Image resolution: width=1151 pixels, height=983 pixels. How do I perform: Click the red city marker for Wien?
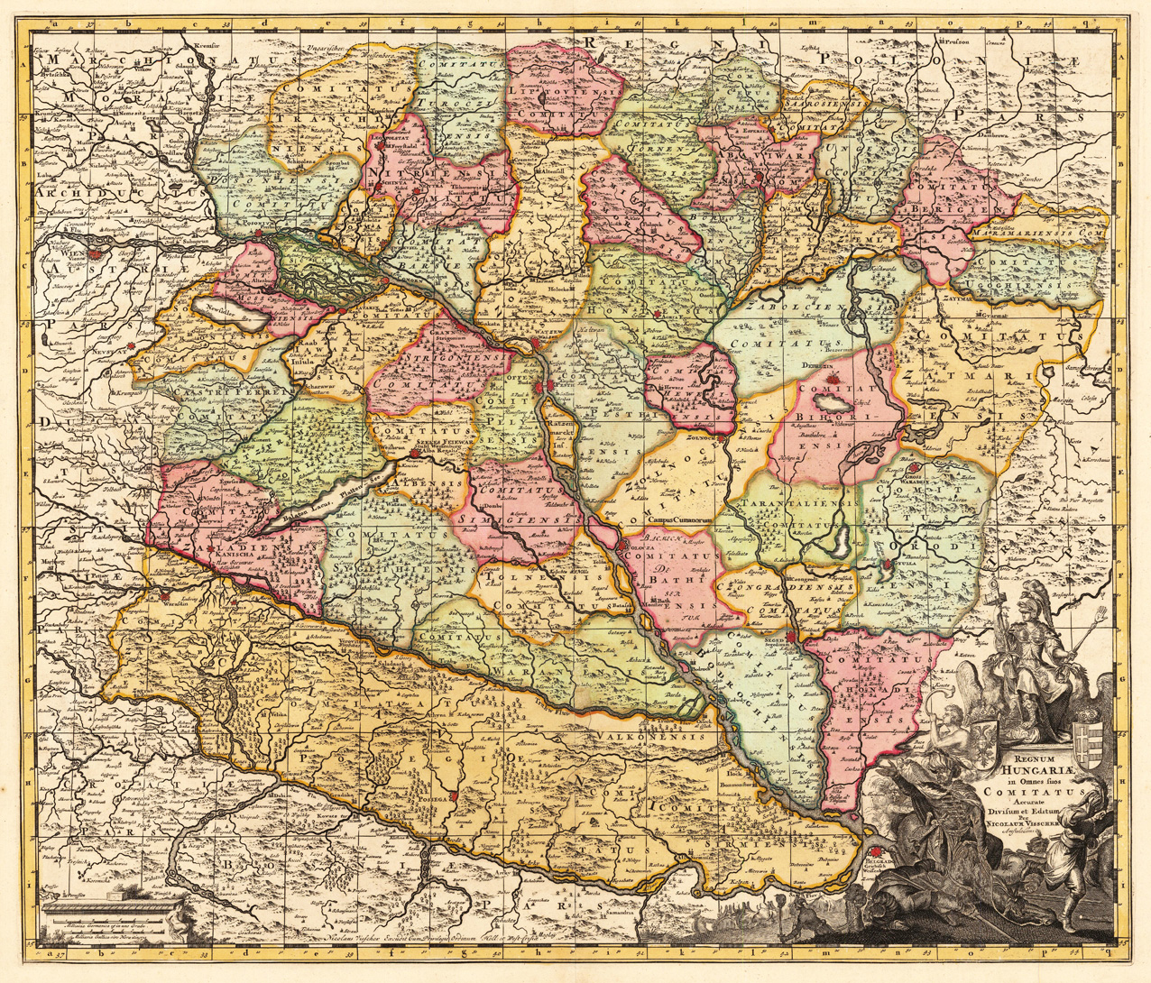[x=57, y=254]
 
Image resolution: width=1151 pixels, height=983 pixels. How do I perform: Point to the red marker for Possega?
[x=456, y=797]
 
